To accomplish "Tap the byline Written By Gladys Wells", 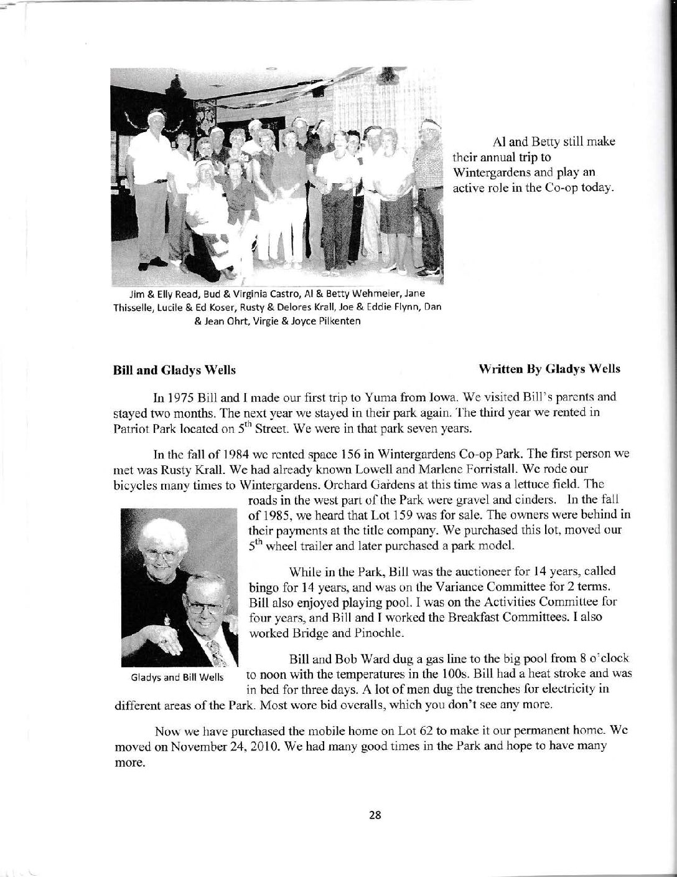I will point(558,369).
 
